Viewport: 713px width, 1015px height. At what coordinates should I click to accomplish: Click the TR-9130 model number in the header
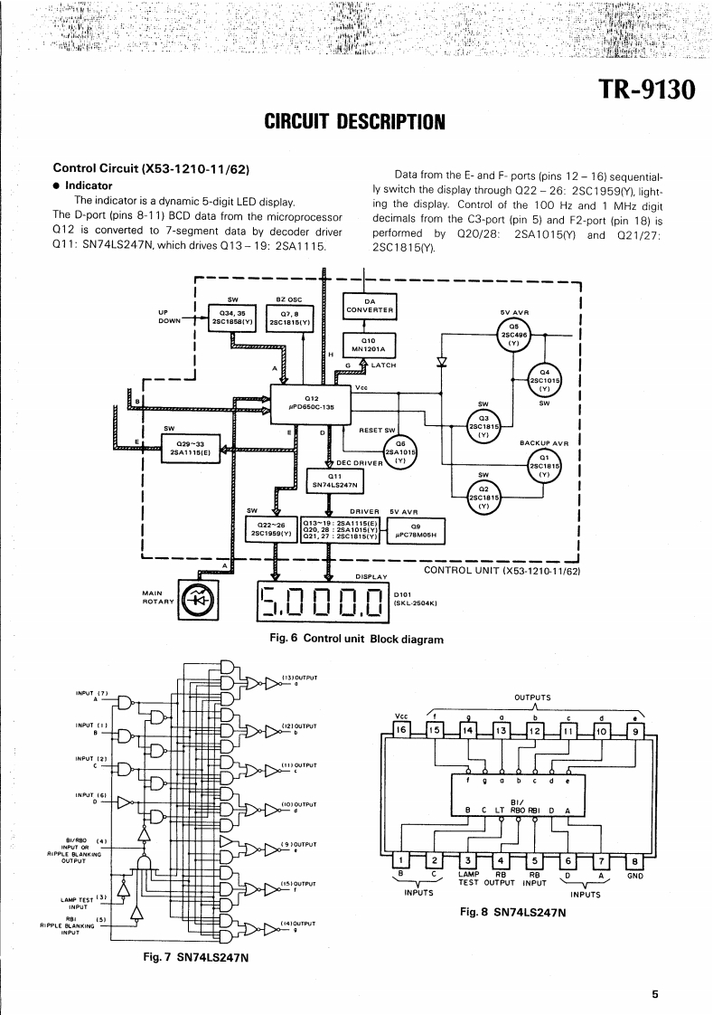(x=648, y=90)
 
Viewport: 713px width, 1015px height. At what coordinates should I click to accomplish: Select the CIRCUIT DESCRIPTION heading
(x=355, y=120)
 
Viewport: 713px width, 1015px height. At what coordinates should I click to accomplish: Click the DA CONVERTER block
(x=369, y=306)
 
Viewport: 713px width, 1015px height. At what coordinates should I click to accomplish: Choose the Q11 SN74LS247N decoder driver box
(x=335, y=479)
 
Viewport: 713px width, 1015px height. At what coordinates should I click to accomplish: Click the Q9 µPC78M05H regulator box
(x=417, y=530)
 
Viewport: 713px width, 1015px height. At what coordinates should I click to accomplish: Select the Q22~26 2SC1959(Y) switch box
(x=277, y=530)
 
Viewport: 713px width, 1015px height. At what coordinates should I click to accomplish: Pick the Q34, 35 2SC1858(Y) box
(x=234, y=318)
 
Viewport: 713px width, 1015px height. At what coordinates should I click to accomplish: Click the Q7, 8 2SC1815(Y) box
(x=290, y=318)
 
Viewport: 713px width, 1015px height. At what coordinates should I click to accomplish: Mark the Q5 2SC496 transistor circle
(x=513, y=335)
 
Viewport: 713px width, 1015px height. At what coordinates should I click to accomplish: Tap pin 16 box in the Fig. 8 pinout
(x=403, y=728)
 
